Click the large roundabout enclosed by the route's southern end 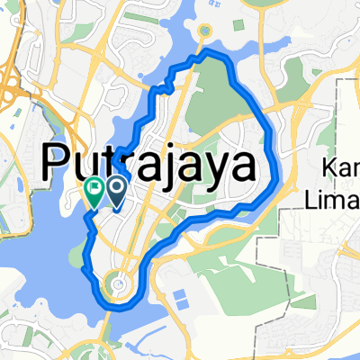(118, 286)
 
